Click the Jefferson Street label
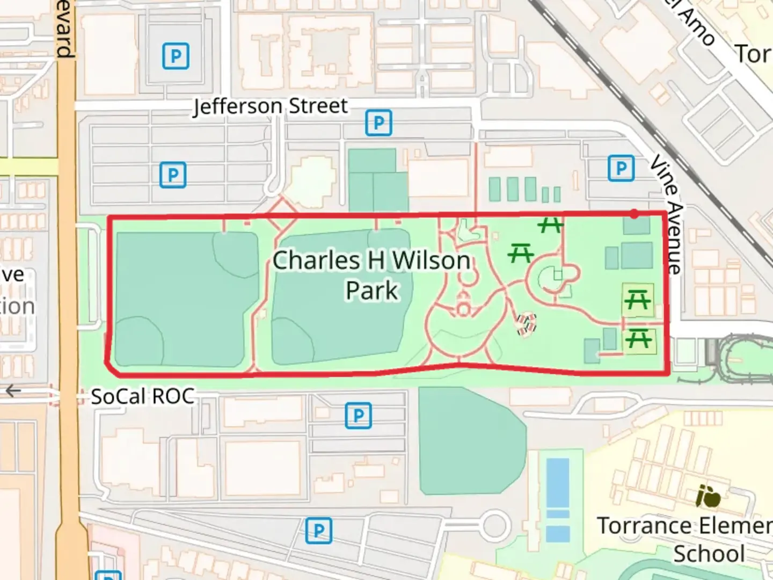point(270,106)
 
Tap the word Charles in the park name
point(316,261)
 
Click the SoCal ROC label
point(142,397)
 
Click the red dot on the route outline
point(635,214)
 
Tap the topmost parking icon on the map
point(176,56)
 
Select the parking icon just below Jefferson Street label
point(378,123)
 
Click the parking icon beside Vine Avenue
point(621,169)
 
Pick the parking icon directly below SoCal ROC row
point(358,415)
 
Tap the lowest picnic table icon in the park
point(638,339)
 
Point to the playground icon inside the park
point(526,324)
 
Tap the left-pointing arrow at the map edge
point(12,391)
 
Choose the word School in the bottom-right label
point(709,554)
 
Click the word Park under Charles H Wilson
point(371,291)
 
